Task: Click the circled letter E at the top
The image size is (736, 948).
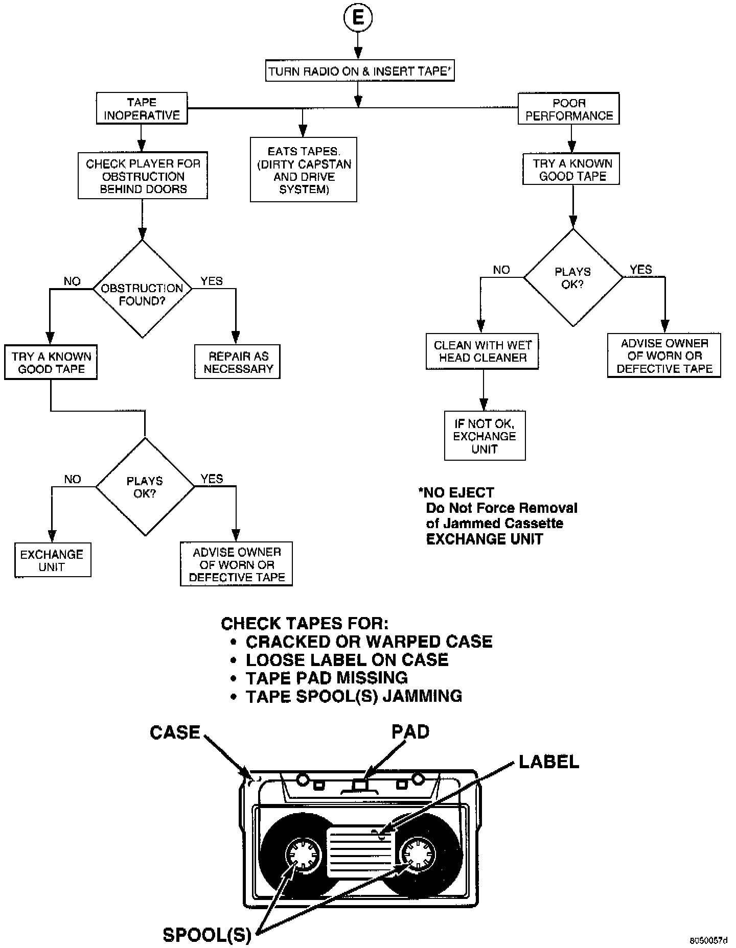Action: click(x=358, y=19)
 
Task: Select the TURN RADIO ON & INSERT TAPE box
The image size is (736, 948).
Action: click(x=360, y=71)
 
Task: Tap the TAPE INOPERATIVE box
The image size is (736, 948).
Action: click(x=142, y=109)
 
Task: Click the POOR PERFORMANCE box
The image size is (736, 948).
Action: click(x=568, y=109)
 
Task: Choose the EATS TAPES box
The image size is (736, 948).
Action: click(x=304, y=170)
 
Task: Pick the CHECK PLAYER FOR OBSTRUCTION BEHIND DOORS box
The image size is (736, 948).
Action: click(x=143, y=176)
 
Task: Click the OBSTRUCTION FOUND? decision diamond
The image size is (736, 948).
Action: click(x=142, y=290)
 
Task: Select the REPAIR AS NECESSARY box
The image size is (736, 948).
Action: click(x=238, y=362)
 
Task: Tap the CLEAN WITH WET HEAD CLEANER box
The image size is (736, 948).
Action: click(x=482, y=351)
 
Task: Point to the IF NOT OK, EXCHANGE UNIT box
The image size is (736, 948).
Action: click(x=485, y=436)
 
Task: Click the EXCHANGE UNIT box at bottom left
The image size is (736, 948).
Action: click(x=52, y=560)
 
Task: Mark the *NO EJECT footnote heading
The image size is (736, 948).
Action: click(x=456, y=493)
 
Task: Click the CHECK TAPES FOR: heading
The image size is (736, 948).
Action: click(x=305, y=623)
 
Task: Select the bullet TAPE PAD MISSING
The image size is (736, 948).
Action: click(x=327, y=678)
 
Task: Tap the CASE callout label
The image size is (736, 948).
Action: click(x=175, y=732)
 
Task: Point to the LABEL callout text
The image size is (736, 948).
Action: click(x=549, y=762)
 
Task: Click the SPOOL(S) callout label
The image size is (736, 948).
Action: click(x=207, y=935)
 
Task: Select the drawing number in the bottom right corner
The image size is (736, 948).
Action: click(x=708, y=940)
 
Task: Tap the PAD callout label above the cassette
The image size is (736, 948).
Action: click(x=410, y=732)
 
